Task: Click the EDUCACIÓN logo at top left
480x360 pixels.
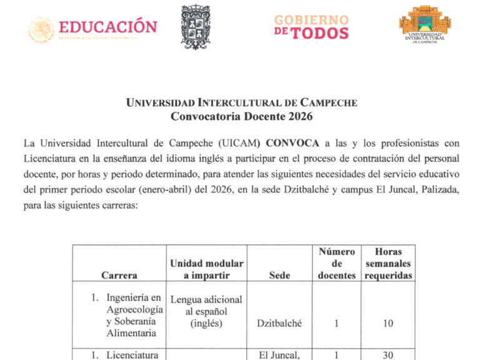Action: point(93,28)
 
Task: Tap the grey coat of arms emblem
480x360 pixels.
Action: point(196,27)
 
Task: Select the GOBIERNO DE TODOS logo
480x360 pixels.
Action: point(310,26)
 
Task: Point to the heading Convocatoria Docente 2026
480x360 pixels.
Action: point(241,116)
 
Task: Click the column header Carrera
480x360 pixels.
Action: point(119,275)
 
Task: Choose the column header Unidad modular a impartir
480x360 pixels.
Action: point(207,269)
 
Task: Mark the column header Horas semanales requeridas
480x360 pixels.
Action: point(388,264)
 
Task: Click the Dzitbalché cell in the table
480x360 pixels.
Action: point(279,323)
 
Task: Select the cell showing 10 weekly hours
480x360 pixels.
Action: point(388,323)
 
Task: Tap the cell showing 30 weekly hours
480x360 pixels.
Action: point(388,355)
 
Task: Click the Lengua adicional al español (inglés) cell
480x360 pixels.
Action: point(207,311)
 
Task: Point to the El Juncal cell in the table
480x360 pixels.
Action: point(279,355)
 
